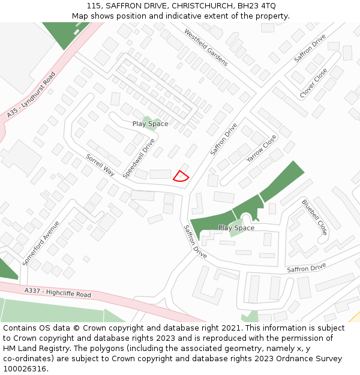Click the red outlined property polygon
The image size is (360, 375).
pyautogui.click(x=181, y=176)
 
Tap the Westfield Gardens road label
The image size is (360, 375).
pyautogui.click(x=206, y=47)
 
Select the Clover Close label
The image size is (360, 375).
pyautogui.click(x=314, y=83)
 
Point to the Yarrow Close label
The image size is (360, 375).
pyautogui.click(x=262, y=148)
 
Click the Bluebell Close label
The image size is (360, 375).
pyautogui.click(x=314, y=217)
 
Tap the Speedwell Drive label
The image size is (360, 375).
pyautogui.click(x=139, y=158)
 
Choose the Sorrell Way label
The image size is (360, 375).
pyautogui.click(x=100, y=164)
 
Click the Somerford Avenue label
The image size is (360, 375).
pyautogui.click(x=41, y=243)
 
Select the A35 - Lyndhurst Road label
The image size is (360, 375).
pyautogui.click(x=31, y=95)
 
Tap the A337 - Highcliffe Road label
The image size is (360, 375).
pyautogui.click(x=58, y=293)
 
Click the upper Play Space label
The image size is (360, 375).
pyautogui.click(x=151, y=124)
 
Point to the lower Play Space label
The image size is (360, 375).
pyautogui.click(x=236, y=228)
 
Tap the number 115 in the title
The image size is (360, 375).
pyautogui.click(x=94, y=6)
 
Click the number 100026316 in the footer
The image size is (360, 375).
pyautogui.click(x=25, y=369)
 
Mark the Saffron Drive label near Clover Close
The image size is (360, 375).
pyautogui.click(x=310, y=48)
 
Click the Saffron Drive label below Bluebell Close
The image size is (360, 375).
pyautogui.click(x=306, y=268)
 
